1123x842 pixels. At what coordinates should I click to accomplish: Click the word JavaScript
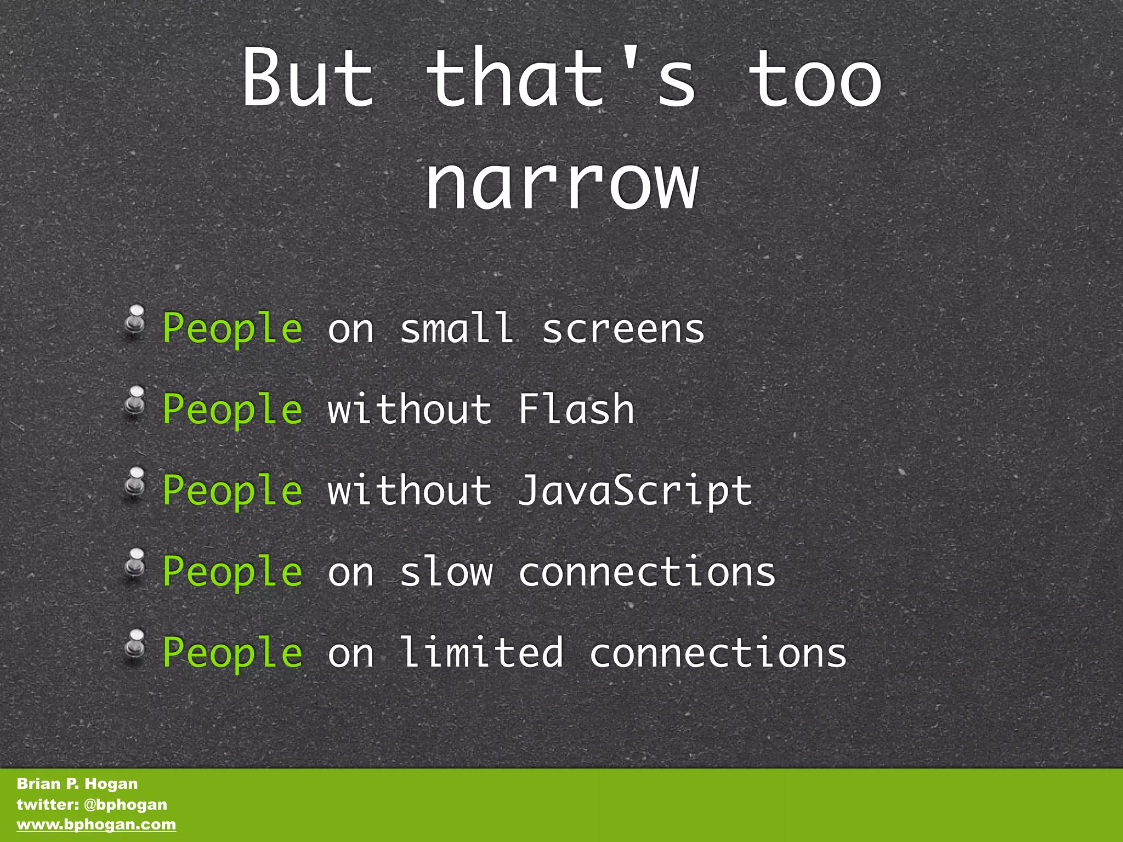(x=634, y=491)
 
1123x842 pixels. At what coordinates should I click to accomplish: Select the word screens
(x=623, y=329)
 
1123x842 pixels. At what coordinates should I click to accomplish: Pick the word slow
(x=446, y=571)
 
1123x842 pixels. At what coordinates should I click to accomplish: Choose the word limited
(x=481, y=652)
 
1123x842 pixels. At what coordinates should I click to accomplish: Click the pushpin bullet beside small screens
(x=134, y=321)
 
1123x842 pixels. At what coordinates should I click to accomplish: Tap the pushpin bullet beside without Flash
(x=134, y=402)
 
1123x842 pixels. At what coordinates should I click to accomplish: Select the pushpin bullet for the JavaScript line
(x=134, y=483)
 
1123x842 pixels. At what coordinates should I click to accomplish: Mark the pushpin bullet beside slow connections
(x=134, y=564)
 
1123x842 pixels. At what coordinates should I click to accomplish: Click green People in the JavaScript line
(x=232, y=491)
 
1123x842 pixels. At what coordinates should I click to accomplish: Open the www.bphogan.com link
(x=97, y=824)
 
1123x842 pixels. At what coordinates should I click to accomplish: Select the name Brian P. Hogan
(x=77, y=783)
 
